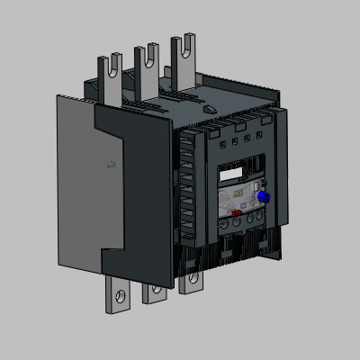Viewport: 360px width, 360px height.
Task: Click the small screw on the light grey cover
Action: (x=111, y=165)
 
